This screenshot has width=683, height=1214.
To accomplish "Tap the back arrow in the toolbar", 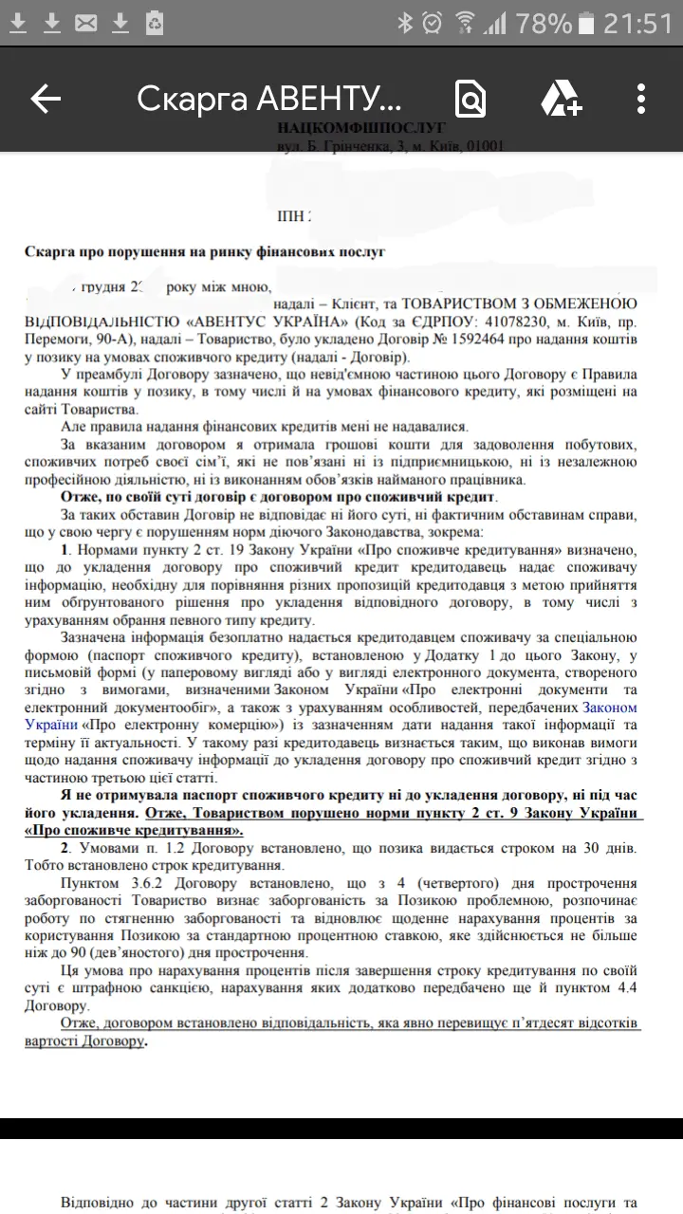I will pos(46,98).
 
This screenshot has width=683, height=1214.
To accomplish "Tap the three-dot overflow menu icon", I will pos(641,98).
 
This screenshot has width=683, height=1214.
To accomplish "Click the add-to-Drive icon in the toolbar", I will pos(561,98).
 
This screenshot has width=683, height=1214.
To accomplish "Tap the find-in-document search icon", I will pos(471,98).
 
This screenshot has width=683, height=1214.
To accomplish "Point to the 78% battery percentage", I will pos(544,23).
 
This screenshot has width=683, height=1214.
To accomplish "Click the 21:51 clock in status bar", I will pos(637,23).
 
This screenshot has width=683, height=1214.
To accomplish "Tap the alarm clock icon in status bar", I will pos(433,23).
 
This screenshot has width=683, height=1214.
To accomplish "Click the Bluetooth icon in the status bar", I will pos(405,23).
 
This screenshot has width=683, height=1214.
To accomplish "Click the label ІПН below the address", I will pos(291,216).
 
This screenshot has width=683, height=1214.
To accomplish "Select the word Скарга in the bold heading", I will pos(47,252).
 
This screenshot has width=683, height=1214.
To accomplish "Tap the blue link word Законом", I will pos(609,708).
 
